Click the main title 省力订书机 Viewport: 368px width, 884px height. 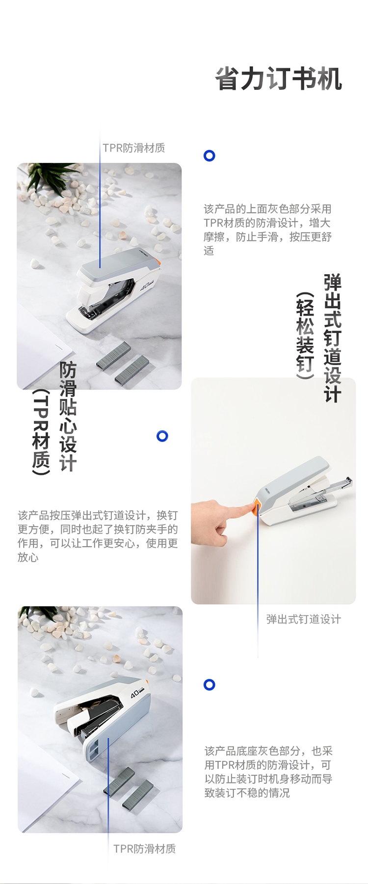279,78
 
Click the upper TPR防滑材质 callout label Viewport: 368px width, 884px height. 134,148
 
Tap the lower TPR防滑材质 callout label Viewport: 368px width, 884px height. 145,849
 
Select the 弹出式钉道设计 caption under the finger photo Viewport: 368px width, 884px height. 304,619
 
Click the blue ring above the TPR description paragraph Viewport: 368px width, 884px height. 210,156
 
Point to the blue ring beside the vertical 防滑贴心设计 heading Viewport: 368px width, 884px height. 162,436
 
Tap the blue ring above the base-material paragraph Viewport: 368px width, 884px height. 210,684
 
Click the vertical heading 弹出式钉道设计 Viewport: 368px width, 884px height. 332,338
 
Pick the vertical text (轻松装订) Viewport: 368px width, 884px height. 305,336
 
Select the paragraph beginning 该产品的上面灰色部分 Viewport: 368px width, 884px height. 268,230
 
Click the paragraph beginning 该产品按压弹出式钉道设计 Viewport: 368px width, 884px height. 98,536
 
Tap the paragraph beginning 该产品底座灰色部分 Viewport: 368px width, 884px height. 268,772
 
